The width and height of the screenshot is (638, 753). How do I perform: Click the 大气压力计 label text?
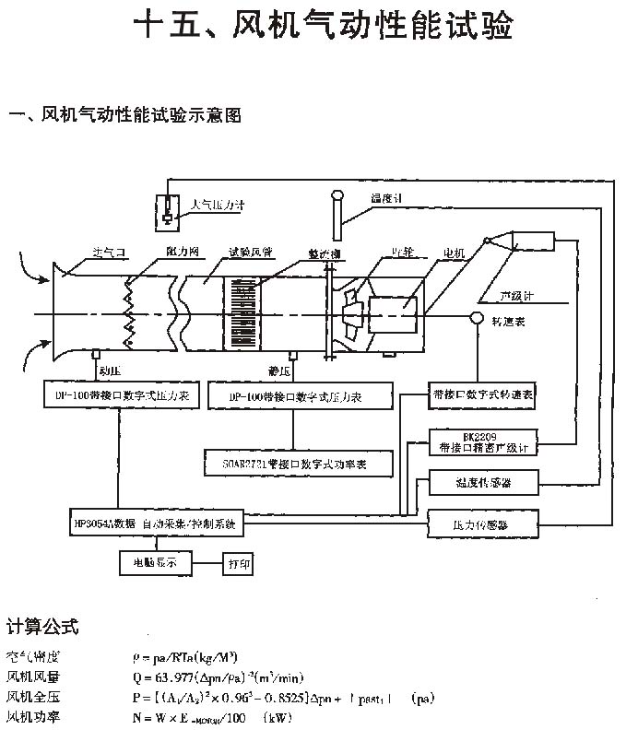(x=218, y=206)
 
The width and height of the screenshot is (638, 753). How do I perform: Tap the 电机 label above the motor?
(x=455, y=253)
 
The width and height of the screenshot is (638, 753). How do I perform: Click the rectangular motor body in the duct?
(x=393, y=314)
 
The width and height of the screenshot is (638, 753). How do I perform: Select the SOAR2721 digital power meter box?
(x=297, y=464)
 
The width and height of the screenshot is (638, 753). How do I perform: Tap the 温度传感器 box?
(x=482, y=481)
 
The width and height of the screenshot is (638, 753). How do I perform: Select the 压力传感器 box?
(x=482, y=524)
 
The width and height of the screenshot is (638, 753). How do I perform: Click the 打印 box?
(x=239, y=562)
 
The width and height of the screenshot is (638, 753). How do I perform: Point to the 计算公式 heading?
(x=43, y=627)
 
